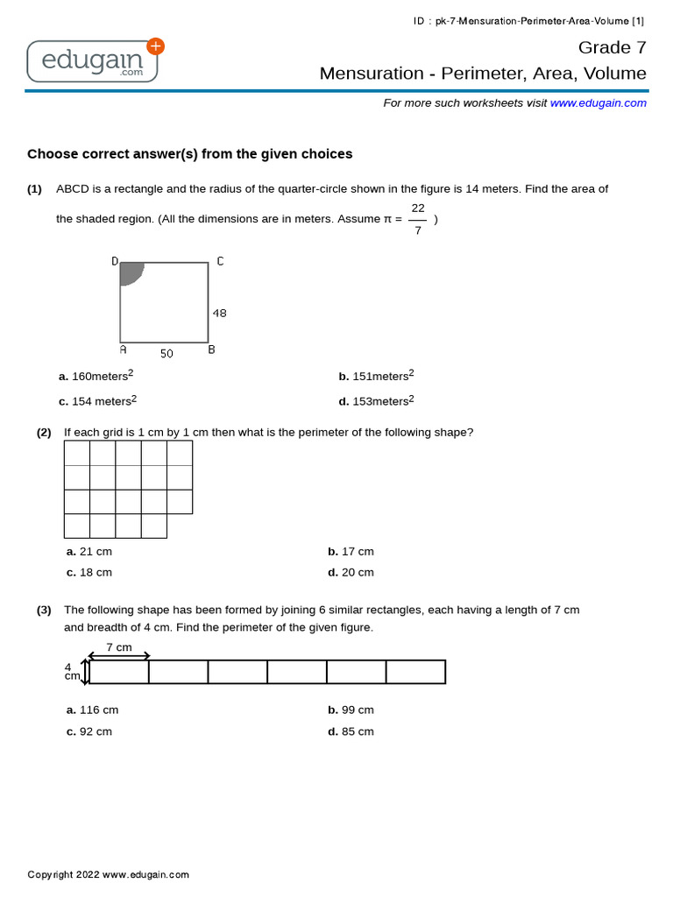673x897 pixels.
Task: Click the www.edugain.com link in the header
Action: pos(599,102)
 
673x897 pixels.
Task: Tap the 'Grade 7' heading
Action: pos(612,47)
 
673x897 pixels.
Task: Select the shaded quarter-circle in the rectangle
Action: pos(131,272)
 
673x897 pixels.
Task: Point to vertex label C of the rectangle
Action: pos(220,261)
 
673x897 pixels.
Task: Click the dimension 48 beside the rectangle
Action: pos(219,313)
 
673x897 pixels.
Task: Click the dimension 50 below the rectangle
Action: pos(166,354)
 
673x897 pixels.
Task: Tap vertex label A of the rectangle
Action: pos(123,350)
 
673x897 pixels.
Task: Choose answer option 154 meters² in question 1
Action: pos(98,401)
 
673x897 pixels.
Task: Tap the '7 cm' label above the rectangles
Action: pos(119,647)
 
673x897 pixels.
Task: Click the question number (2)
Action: pos(44,433)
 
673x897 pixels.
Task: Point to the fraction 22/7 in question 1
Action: pos(418,219)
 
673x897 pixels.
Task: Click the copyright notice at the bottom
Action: pos(108,874)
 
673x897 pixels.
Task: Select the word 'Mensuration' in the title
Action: pos(366,74)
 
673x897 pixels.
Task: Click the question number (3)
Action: pos(44,611)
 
